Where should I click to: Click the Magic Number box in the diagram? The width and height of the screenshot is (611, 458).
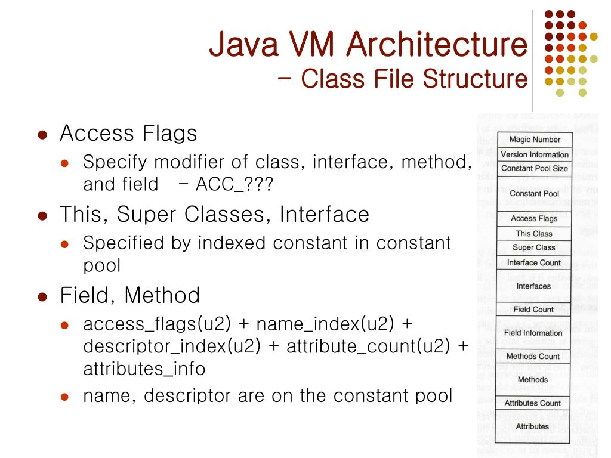534,140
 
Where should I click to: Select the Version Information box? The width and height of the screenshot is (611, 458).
534,154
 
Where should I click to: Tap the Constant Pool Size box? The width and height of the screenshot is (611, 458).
534,168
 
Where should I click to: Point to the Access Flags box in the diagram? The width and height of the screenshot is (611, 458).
534,219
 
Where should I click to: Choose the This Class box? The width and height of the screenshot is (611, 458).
534,234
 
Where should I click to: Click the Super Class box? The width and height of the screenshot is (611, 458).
534,247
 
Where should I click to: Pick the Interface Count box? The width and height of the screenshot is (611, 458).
534,262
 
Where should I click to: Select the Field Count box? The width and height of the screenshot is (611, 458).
533,310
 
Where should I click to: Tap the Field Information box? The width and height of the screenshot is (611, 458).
533,333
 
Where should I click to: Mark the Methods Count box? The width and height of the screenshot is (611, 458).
533,356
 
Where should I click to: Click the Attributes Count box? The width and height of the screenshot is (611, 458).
533,403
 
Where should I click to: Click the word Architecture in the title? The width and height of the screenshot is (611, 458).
436,45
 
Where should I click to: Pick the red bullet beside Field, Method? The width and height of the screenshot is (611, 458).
42,296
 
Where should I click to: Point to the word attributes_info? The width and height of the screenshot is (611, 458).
144,369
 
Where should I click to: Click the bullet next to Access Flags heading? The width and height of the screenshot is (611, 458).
42,134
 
